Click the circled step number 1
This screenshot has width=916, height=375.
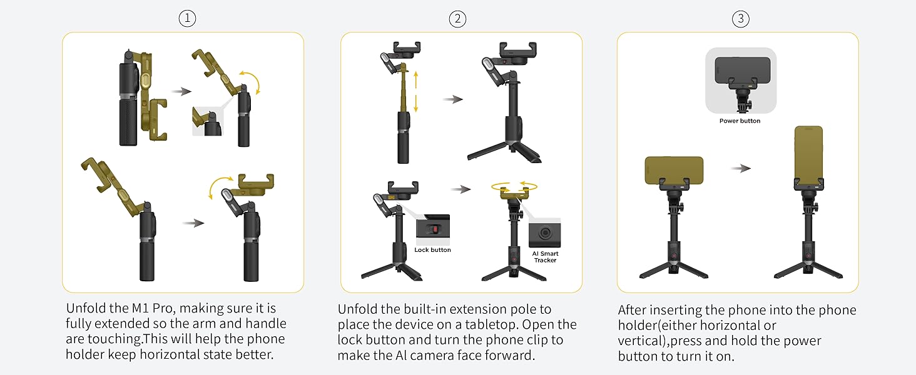[x=187, y=19]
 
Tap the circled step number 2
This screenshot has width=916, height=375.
[x=457, y=19]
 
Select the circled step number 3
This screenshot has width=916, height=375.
[x=740, y=19]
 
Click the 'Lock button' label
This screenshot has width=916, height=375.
[x=432, y=250]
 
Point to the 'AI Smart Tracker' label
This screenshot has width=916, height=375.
[x=545, y=256]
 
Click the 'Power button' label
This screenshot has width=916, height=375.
[x=740, y=121]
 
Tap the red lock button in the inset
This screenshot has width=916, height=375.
[x=433, y=228]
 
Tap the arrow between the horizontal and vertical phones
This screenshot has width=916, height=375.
[x=741, y=168]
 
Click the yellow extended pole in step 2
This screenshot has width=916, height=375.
[x=404, y=87]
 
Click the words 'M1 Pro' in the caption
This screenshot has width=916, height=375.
[x=151, y=309]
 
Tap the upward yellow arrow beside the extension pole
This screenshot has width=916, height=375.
[x=415, y=80]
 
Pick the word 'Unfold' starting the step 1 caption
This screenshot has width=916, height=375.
[x=85, y=309]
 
